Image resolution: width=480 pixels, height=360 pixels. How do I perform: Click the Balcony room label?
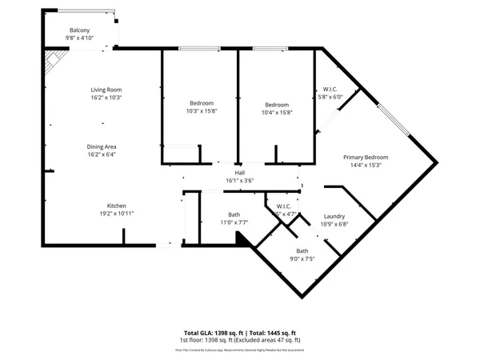click(79, 30)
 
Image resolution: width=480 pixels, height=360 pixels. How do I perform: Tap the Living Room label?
click(106, 90)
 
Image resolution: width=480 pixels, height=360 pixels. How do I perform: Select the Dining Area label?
click(102, 146)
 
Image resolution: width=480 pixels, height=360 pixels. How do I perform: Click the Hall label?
click(239, 173)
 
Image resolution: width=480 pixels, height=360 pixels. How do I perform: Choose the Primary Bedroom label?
click(366, 157)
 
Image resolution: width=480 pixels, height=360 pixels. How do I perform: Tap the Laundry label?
click(334, 217)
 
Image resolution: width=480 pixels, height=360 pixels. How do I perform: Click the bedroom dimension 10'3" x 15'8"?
click(202, 111)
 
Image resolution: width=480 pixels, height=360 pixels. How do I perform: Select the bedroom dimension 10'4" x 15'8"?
click(278, 112)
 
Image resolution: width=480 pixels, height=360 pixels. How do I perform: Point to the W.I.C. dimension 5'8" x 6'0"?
click(330, 97)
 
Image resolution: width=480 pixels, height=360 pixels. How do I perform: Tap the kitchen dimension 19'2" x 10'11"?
click(117, 214)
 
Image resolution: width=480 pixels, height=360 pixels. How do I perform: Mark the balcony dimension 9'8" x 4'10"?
click(79, 37)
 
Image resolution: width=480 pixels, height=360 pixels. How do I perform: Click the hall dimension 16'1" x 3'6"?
click(239, 181)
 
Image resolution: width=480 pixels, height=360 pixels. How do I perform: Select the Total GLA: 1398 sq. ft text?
click(213, 332)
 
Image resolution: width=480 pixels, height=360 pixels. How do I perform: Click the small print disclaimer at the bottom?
click(239, 349)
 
